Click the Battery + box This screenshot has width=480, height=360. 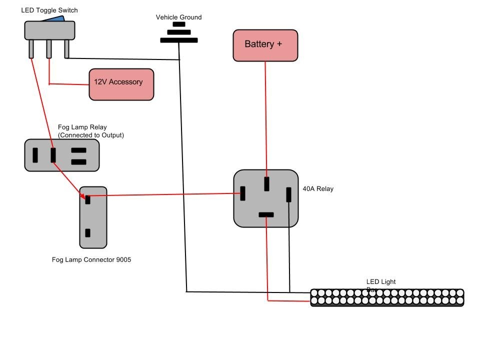(265, 45)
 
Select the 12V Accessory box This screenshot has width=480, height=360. (121, 84)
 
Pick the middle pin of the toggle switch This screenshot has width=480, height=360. (49, 48)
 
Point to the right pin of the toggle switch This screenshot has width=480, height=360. (66, 48)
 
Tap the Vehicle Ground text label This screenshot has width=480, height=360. (178, 17)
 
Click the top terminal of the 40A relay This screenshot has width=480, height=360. (266, 183)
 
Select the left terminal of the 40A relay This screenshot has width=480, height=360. (242, 193)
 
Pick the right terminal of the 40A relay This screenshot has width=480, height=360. (288, 194)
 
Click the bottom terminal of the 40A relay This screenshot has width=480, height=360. (266, 215)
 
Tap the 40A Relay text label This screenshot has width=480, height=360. (318, 189)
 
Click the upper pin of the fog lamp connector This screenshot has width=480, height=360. (87, 199)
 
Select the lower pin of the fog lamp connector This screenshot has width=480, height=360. (87, 232)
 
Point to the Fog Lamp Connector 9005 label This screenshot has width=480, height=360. (91, 259)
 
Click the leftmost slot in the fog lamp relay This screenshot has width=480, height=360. (35, 155)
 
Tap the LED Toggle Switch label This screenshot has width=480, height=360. (49, 10)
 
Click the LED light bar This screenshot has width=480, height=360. (387, 297)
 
